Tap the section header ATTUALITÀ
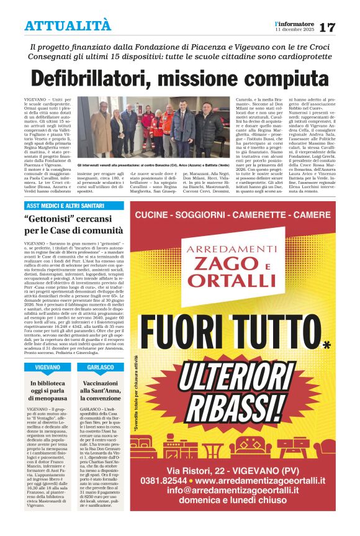[68, 25]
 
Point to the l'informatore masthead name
[294, 23]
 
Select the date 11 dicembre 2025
[292, 29]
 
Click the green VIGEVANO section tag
[47, 368]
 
